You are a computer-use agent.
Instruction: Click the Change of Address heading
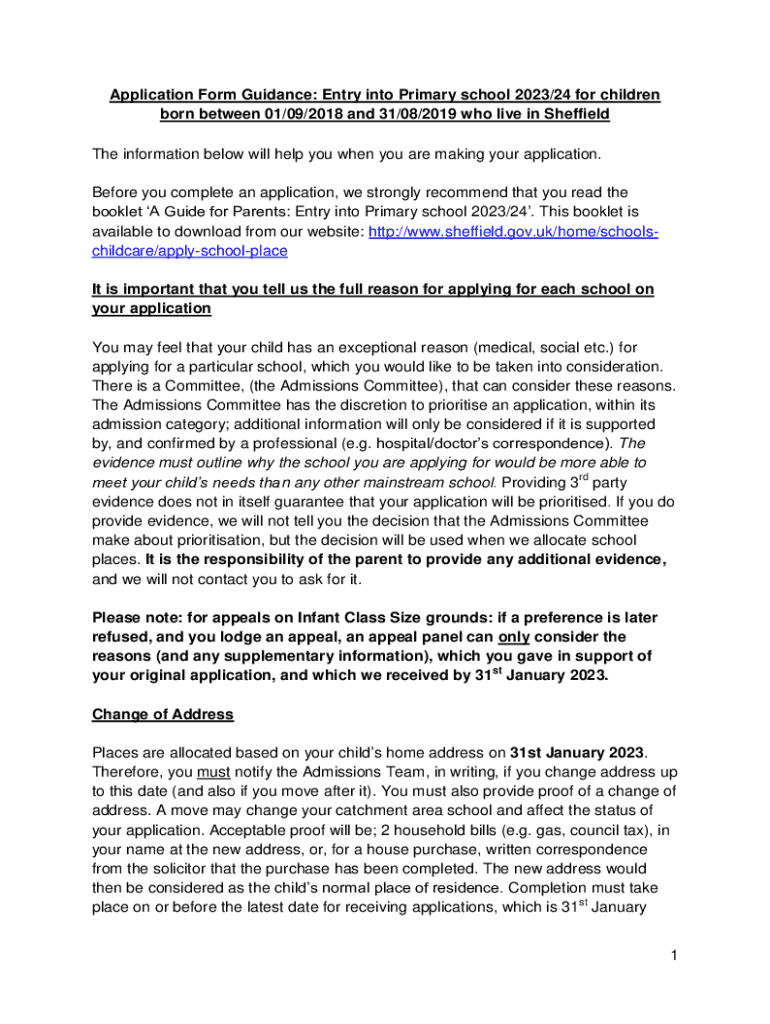pos(162,714)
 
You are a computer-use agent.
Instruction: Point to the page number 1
pos(675,957)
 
